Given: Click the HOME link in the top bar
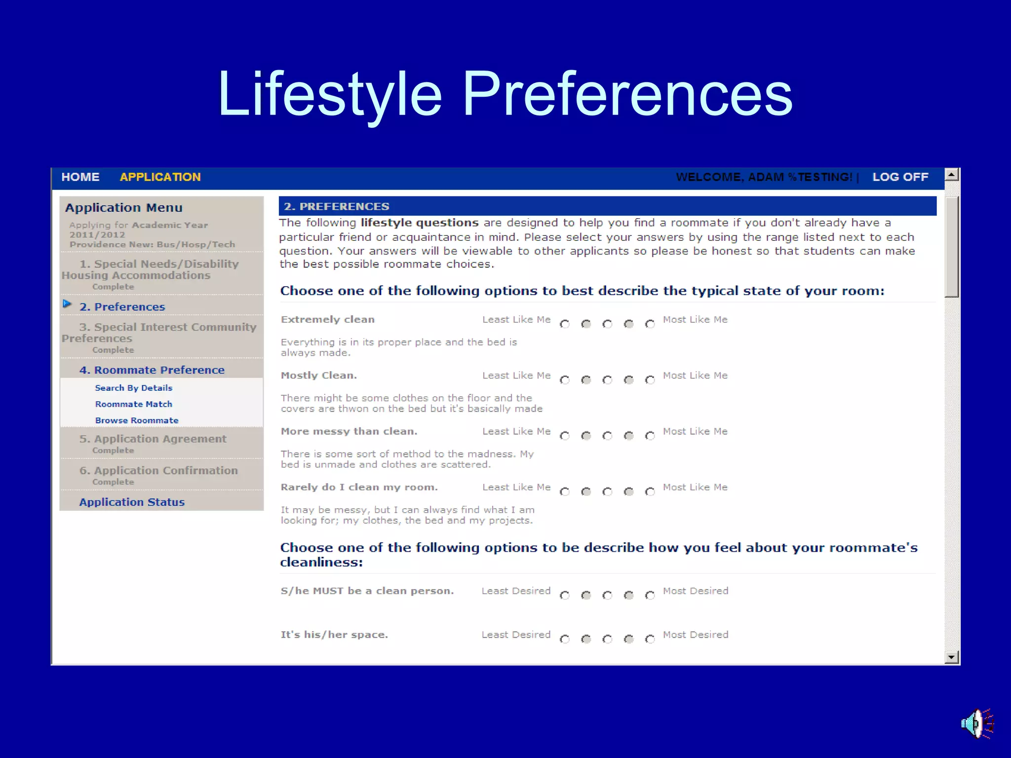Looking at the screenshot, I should [80, 177].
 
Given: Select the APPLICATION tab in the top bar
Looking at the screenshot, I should [160, 177].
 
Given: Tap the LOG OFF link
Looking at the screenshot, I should [900, 177].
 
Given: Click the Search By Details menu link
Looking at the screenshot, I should [133, 388].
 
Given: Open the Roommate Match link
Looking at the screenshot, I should [133, 404].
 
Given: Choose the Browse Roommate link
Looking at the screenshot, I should [137, 420].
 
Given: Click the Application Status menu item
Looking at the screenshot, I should [132, 502].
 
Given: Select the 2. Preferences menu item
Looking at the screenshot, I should [122, 307].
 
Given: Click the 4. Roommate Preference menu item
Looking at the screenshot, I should [152, 370].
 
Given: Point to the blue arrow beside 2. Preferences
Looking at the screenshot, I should [67, 304].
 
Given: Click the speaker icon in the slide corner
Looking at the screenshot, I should [976, 724].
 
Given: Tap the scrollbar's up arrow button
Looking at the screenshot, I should [951, 174].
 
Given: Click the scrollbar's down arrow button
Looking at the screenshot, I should [951, 657].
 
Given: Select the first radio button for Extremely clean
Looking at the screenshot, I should [565, 324].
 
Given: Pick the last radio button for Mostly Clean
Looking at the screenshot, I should [650, 380].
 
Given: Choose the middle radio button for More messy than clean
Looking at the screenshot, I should [607, 436].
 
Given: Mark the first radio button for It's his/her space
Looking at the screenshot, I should [565, 640].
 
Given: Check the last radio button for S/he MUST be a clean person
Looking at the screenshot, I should [650, 596].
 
